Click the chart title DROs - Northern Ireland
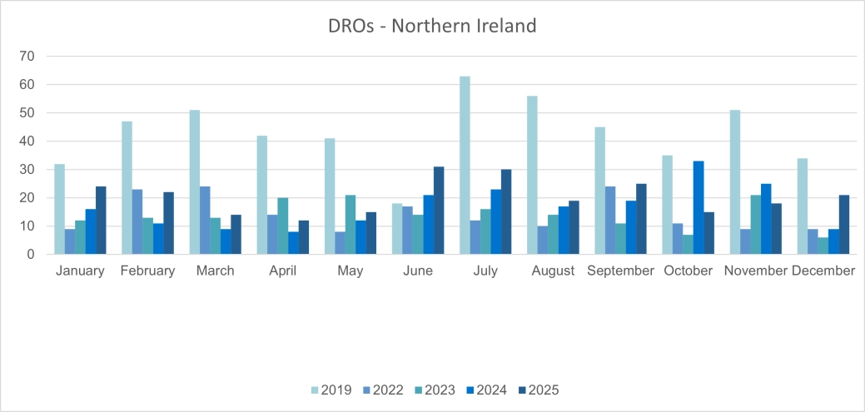tap(432, 26)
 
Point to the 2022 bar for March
tap(205, 221)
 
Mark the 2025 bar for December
tap(844, 225)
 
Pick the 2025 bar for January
tap(101, 221)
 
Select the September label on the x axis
tap(621, 271)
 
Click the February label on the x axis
tap(147, 271)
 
